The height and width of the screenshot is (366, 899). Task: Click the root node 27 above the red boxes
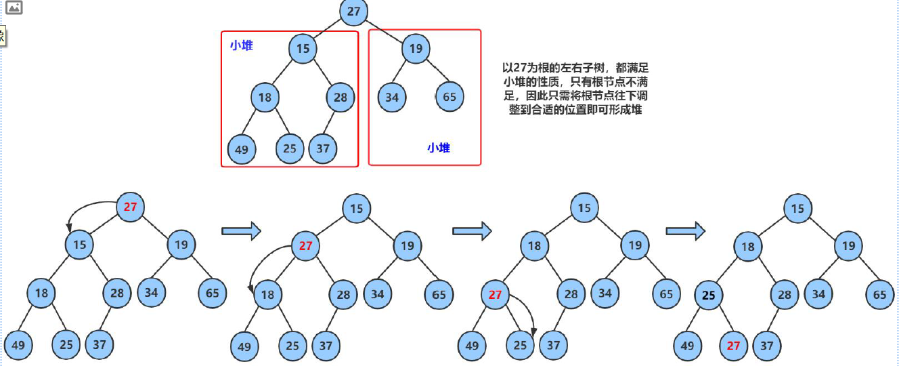(353, 12)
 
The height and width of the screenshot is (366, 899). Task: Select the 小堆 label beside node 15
(241, 46)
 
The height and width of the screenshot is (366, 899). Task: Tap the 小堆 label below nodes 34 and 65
(439, 147)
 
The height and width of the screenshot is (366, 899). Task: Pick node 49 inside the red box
(242, 149)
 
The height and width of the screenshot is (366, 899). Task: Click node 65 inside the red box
(449, 97)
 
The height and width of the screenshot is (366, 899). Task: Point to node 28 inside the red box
(340, 97)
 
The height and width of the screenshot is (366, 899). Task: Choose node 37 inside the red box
(323, 148)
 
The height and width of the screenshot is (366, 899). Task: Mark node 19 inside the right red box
(416, 49)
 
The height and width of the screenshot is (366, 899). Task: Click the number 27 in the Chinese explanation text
(521, 67)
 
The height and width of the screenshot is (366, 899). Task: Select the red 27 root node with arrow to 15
(130, 207)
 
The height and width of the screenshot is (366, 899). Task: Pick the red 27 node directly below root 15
(305, 246)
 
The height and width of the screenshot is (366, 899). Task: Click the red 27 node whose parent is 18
(496, 295)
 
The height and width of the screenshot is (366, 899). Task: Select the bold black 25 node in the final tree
(709, 296)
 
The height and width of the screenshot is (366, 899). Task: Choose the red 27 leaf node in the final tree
(733, 346)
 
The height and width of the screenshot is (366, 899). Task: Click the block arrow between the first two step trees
(241, 230)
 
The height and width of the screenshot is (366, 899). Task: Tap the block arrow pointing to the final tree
(685, 230)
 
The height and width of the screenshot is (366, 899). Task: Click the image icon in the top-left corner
(14, 8)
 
